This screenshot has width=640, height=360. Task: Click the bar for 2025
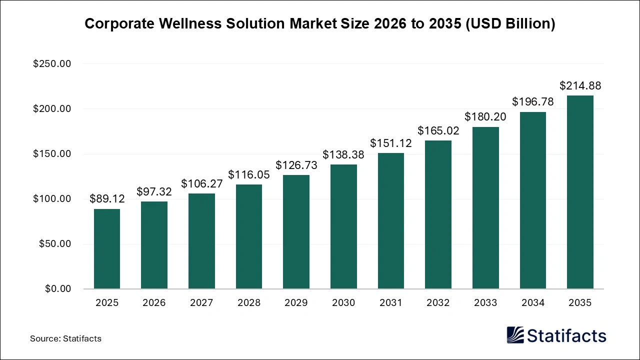[107, 249]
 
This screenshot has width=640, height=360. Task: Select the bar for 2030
[343, 226]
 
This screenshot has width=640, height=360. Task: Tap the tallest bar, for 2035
[580, 192]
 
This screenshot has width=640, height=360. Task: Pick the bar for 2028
[249, 236]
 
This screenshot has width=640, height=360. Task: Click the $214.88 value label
[580, 86]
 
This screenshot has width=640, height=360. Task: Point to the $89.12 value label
[107, 199]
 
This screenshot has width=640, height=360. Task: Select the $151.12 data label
[391, 143]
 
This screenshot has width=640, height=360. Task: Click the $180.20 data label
[485, 117]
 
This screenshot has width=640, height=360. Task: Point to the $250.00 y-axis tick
[52, 64]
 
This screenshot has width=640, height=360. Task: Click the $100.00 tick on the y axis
[52, 199]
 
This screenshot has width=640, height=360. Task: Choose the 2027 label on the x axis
[201, 303]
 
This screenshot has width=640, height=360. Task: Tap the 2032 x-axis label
[438, 303]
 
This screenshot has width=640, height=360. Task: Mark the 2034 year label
[532, 303]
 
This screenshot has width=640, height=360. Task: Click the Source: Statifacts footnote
[65, 338]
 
